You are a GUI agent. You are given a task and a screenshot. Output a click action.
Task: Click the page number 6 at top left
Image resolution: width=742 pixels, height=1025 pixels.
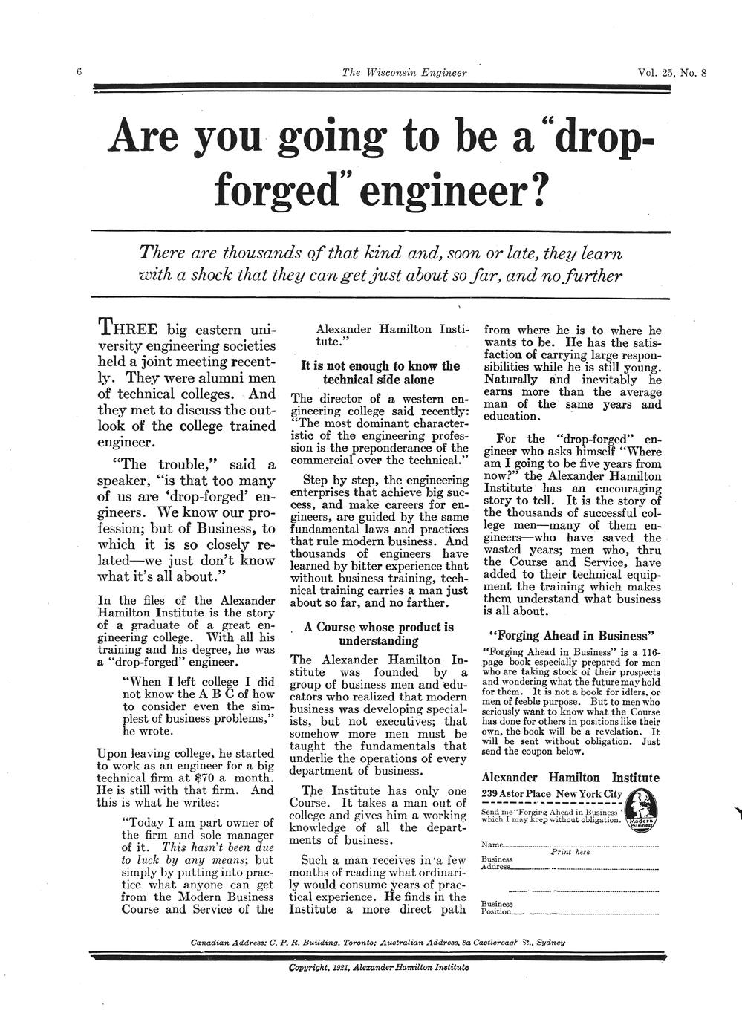[x=78, y=71]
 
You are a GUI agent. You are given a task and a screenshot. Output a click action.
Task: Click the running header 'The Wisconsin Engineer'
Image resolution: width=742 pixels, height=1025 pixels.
[x=404, y=72]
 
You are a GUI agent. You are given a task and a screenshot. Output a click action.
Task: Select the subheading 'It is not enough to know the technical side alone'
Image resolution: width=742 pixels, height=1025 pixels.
[x=380, y=372]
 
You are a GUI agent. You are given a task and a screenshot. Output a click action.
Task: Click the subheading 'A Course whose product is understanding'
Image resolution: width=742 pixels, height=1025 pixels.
[x=379, y=634]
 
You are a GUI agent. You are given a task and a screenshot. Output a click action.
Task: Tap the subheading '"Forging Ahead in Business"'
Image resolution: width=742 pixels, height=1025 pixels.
[x=571, y=636]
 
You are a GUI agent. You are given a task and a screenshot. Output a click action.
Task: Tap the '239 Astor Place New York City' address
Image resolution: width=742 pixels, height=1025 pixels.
[x=552, y=794]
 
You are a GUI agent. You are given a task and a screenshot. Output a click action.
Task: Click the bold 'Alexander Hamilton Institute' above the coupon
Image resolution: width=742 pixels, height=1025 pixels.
[x=570, y=777]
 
